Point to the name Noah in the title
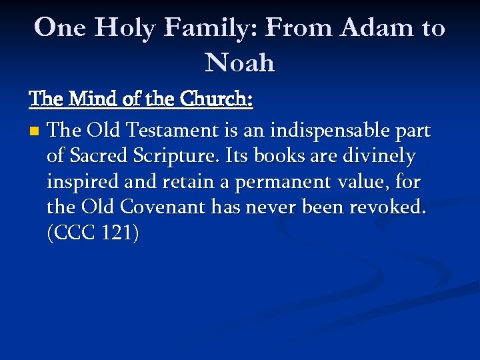[240, 63]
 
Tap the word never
[271, 209]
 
